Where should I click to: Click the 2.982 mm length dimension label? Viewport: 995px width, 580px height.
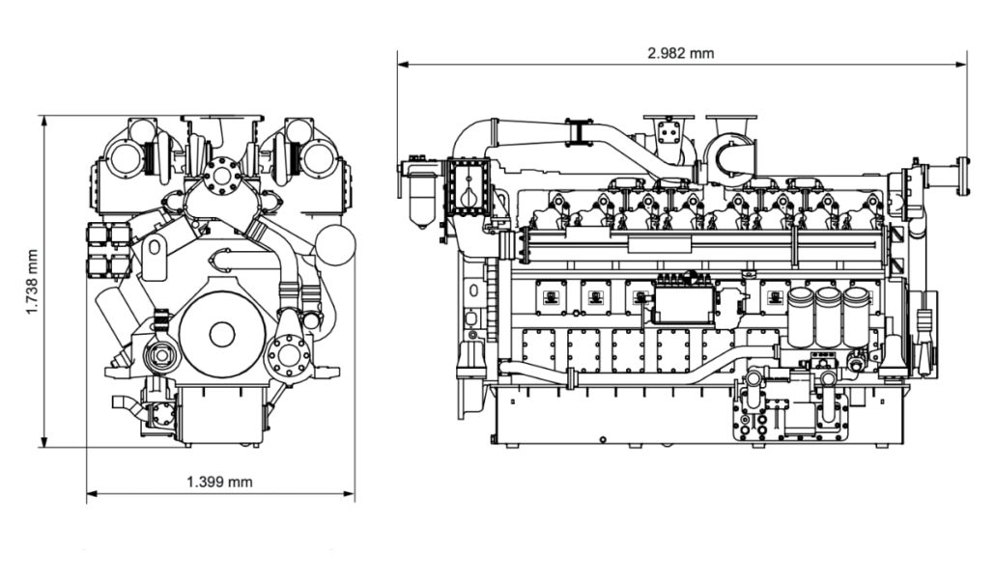[681, 53]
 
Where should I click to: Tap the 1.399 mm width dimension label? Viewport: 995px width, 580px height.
[220, 481]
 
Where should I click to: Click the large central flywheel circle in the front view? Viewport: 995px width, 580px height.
[221, 335]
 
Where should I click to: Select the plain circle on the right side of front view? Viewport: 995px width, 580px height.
[335, 244]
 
